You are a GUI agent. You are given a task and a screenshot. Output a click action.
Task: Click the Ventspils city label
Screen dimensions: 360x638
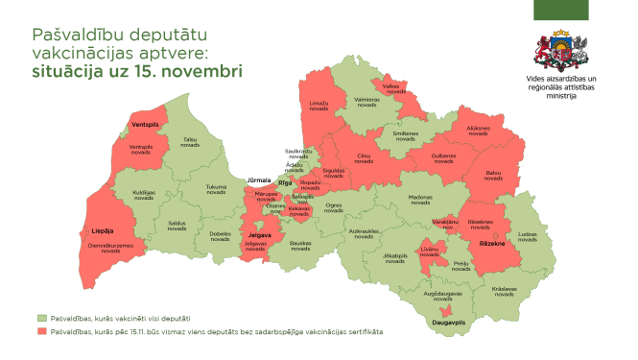pyautogui.click(x=145, y=125)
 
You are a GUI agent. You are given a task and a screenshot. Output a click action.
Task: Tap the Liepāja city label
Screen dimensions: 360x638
pyautogui.click(x=103, y=230)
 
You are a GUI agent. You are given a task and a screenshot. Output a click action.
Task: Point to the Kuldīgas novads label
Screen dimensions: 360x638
pyautogui.click(x=144, y=195)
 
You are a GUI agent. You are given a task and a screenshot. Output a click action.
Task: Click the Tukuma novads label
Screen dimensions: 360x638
pyautogui.click(x=216, y=189)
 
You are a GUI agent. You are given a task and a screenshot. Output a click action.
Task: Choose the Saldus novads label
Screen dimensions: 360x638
pyautogui.click(x=177, y=227)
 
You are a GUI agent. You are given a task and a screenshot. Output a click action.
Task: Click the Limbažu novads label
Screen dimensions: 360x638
pyautogui.click(x=319, y=106)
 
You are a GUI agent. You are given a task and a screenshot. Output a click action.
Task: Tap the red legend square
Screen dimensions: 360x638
pyautogui.click(x=42, y=331)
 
